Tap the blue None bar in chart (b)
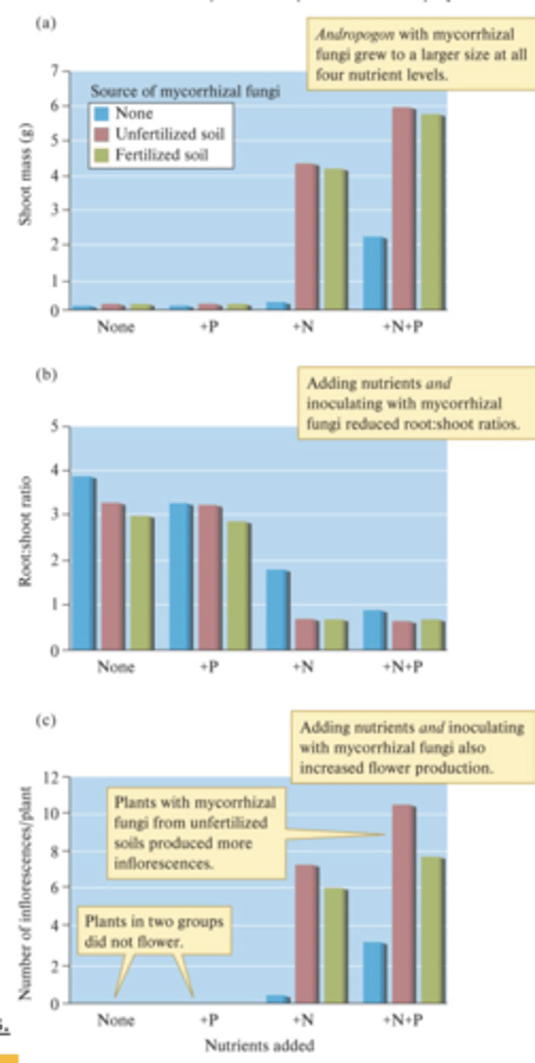click(x=82, y=563)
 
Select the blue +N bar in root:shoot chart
click(x=276, y=610)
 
